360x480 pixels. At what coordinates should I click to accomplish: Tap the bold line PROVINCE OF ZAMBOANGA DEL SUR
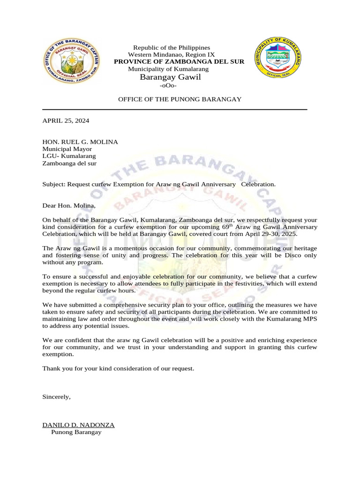pyautogui.click(x=180, y=62)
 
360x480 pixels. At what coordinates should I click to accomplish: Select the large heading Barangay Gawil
pyautogui.click(x=170, y=77)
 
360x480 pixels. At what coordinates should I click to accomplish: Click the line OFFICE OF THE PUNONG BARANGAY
pyautogui.click(x=180, y=99)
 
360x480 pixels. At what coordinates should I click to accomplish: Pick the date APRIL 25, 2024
pyautogui.click(x=66, y=120)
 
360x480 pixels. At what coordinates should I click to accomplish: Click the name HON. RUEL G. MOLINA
pyautogui.click(x=80, y=142)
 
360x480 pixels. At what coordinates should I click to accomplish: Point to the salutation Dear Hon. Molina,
pyautogui.click(x=69, y=206)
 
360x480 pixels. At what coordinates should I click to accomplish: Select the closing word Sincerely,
pyautogui.click(x=57, y=397)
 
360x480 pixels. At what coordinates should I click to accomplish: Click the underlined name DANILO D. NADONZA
pyautogui.click(x=78, y=425)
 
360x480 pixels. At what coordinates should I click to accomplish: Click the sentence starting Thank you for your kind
pyautogui.click(x=118, y=368)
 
